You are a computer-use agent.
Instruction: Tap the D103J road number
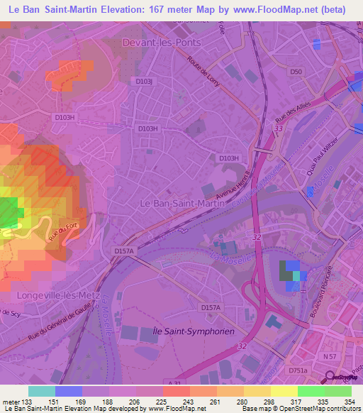[144, 82]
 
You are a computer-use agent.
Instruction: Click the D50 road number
[296, 72]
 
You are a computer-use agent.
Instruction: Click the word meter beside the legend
[11, 402]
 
